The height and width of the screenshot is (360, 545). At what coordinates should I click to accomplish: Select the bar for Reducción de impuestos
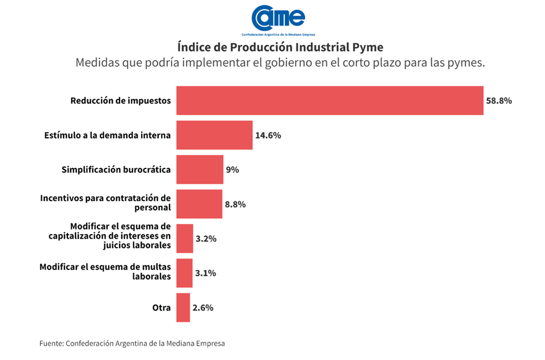pyautogui.click(x=330, y=100)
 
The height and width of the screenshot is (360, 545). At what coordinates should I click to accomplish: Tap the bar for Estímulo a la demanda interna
pyautogui.click(x=214, y=135)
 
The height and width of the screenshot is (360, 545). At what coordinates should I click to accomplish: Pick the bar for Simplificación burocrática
pyautogui.click(x=199, y=170)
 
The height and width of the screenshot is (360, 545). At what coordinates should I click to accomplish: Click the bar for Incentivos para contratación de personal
pyautogui.click(x=199, y=204)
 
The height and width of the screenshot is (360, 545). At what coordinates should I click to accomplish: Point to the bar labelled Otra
pyautogui.click(x=183, y=308)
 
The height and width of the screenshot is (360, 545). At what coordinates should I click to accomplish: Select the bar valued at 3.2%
pyautogui.click(x=185, y=239)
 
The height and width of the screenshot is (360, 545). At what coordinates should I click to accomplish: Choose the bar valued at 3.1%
pyautogui.click(x=184, y=273)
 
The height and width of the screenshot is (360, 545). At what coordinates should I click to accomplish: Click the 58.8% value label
pyautogui.click(x=499, y=101)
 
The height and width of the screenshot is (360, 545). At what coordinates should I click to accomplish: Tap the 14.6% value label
pyautogui.click(x=268, y=135)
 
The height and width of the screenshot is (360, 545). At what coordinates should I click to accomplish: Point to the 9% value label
pyautogui.click(x=232, y=170)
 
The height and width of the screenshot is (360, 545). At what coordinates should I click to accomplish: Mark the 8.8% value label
pyautogui.click(x=235, y=205)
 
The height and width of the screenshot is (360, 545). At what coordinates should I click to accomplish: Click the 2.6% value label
pyautogui.click(x=203, y=308)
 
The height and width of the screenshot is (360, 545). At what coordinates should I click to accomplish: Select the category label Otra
pyautogui.click(x=161, y=308)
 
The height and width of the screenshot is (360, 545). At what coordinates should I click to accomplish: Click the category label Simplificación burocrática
pyautogui.click(x=116, y=170)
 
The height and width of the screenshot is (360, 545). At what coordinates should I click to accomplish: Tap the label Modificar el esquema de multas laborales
pyautogui.click(x=105, y=272)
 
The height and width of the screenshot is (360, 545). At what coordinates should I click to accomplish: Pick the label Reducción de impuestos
pyautogui.click(x=120, y=101)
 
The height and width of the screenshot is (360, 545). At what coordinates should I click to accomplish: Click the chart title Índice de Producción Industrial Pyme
pyautogui.click(x=280, y=46)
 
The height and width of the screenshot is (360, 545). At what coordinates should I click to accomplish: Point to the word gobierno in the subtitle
pyautogui.click(x=286, y=63)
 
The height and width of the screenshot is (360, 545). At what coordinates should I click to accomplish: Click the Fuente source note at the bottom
pyautogui.click(x=132, y=344)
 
